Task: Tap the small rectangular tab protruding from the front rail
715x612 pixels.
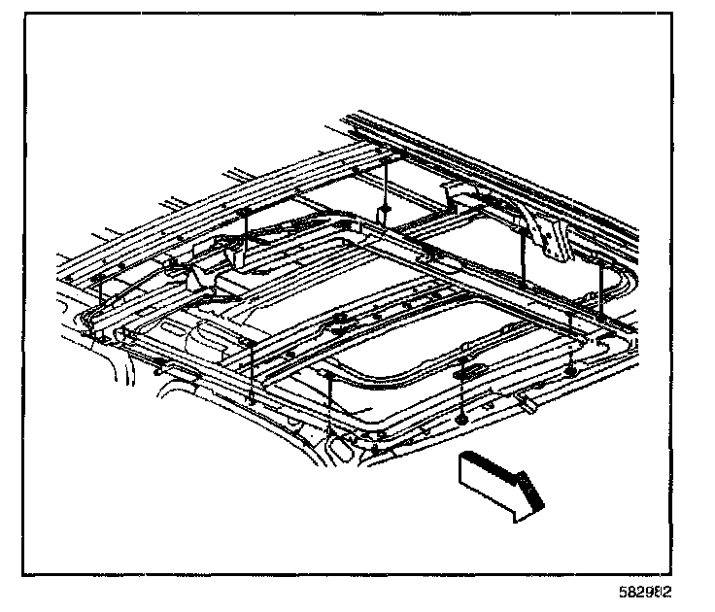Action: click(x=528, y=399)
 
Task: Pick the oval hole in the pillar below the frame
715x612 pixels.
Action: click(x=343, y=451)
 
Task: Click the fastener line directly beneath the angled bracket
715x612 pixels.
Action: click(x=525, y=267)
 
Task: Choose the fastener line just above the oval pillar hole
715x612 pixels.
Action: click(x=331, y=403)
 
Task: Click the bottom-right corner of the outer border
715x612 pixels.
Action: click(x=671, y=572)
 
